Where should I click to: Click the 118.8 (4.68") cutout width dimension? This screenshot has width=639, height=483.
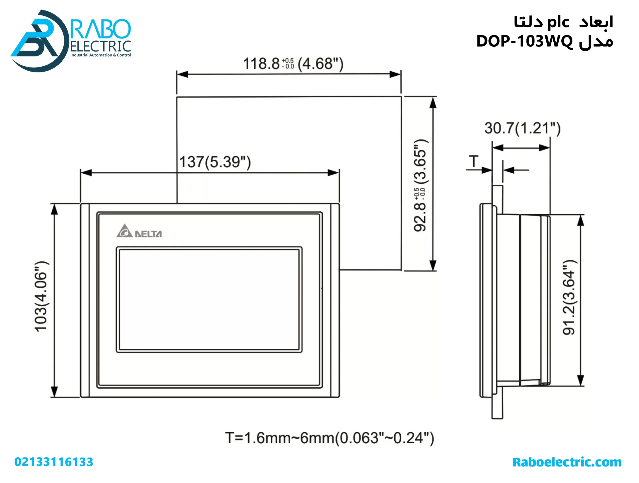(293, 64)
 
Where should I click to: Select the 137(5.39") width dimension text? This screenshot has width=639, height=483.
(215, 162)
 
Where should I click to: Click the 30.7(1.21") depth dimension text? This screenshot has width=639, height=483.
(522, 128)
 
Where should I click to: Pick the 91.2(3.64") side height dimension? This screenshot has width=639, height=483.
(569, 297)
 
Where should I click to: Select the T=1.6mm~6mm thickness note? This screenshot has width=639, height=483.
(329, 438)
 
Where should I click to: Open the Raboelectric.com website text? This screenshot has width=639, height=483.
(567, 462)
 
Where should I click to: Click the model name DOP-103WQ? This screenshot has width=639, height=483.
(524, 41)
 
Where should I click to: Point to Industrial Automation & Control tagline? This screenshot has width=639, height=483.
(101, 55)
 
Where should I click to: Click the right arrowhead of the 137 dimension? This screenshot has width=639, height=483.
(333, 173)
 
